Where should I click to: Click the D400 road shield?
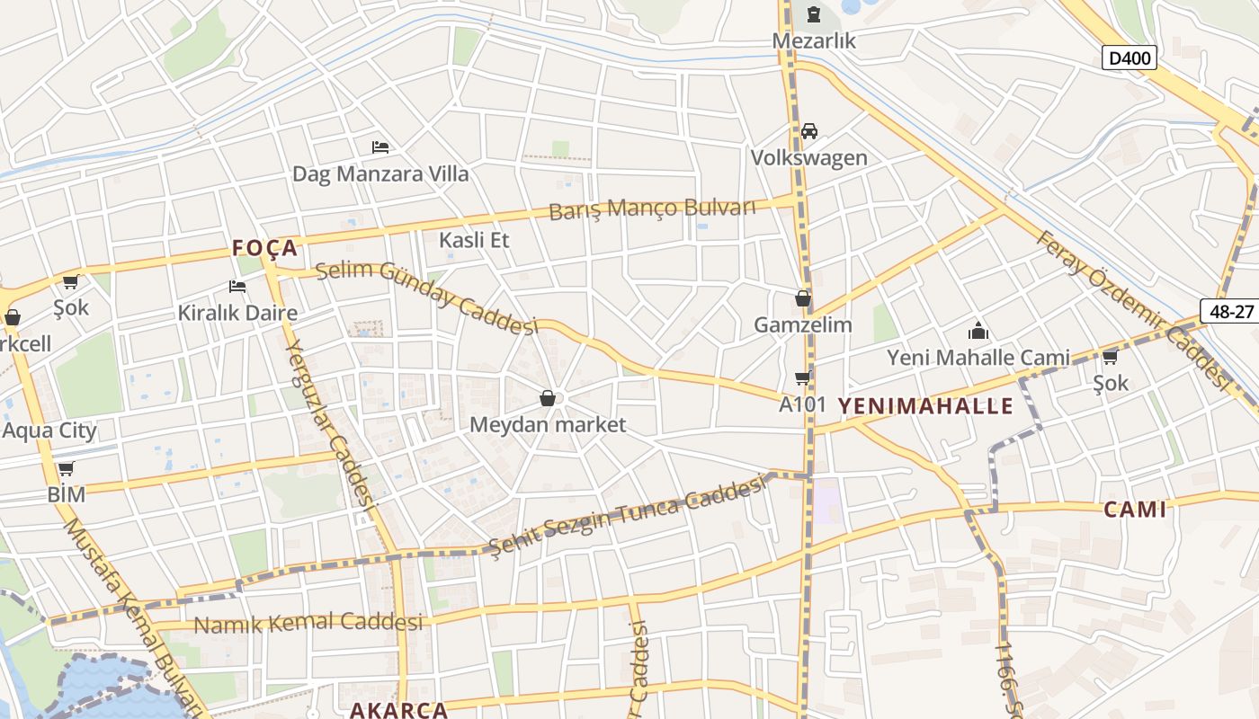(1129, 58)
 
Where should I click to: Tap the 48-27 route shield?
(1231, 310)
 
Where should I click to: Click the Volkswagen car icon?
(809, 131)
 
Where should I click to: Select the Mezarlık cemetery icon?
(814, 13)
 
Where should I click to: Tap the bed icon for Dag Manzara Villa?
(380, 146)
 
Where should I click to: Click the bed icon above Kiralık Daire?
(237, 287)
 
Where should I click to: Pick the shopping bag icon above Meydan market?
(547, 398)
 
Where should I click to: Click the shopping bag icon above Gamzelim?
(802, 298)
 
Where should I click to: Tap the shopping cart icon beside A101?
(802, 378)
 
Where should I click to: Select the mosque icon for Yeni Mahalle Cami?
(978, 331)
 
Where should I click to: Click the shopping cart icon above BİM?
(66, 468)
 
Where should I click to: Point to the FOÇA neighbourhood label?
(264, 248)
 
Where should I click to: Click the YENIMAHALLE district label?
(925, 406)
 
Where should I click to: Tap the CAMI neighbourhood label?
(1135, 510)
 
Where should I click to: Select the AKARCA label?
(398, 710)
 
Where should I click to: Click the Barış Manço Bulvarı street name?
(652, 209)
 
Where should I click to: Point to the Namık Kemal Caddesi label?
(308, 623)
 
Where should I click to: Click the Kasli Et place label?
(474, 240)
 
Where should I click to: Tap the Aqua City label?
(49, 431)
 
